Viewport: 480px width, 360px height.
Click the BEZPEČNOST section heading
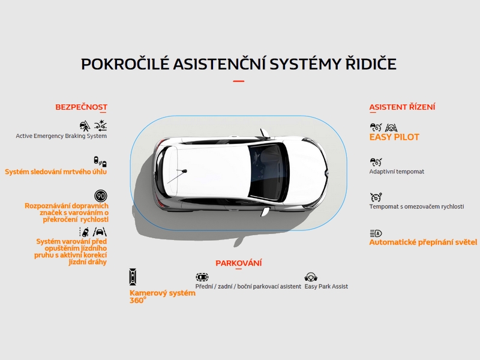click(81, 107)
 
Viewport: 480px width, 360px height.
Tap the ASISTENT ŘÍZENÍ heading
click(402, 107)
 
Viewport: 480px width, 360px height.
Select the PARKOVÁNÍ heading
click(238, 263)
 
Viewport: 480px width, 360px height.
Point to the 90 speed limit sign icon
click(101, 196)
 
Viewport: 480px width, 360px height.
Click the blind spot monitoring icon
click(100, 161)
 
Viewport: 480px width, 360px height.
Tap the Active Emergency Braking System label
click(61, 136)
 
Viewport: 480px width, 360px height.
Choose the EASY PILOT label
click(394, 137)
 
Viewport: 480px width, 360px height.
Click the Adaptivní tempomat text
click(397, 172)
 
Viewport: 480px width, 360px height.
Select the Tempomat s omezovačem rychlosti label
click(416, 206)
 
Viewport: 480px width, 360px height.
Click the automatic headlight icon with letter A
click(376, 233)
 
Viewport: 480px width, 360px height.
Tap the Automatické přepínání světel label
click(423, 242)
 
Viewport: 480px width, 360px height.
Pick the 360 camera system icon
click(133, 277)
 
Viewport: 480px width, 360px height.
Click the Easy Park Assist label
click(326, 287)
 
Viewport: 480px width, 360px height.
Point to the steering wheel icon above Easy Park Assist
click(311, 277)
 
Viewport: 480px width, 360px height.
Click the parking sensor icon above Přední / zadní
click(202, 277)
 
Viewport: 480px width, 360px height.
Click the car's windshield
click(267, 172)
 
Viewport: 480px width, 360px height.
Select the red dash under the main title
click(238, 81)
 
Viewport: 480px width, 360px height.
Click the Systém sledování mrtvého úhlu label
click(56, 172)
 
